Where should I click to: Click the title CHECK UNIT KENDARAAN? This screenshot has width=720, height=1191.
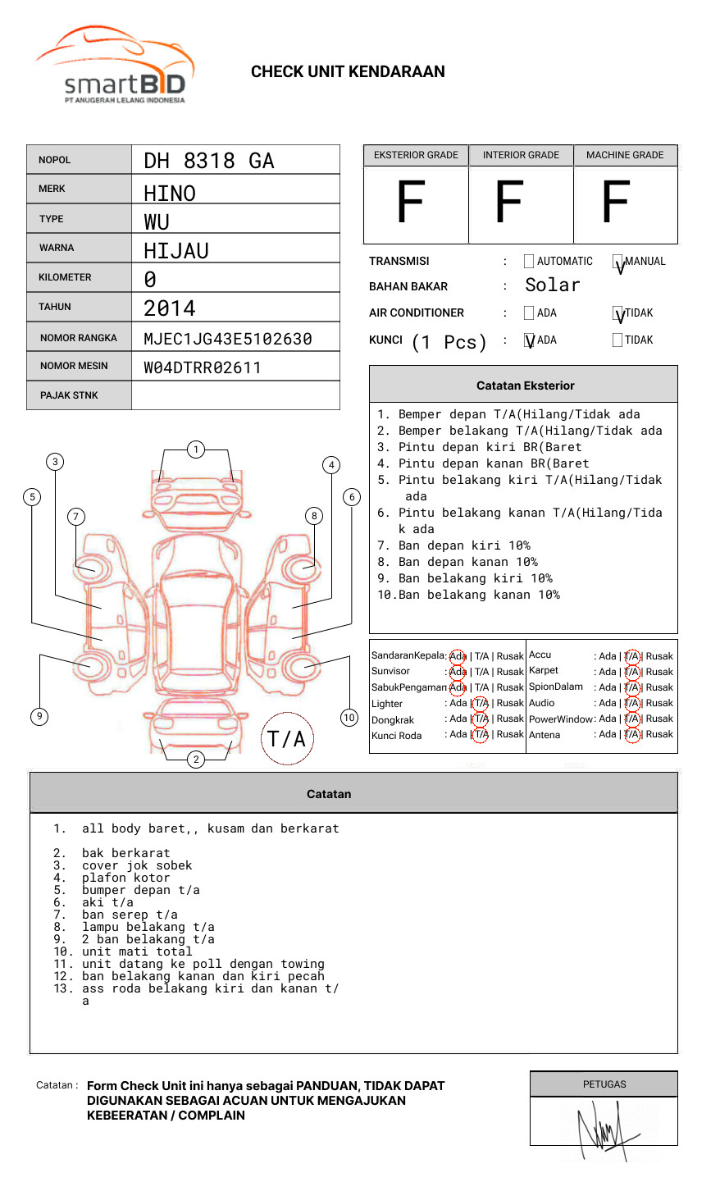coord(348,72)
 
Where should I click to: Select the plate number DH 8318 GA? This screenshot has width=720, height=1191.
coord(209,161)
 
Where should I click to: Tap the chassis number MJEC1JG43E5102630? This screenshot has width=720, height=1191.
coord(228,339)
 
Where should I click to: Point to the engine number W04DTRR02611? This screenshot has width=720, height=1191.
coord(203,367)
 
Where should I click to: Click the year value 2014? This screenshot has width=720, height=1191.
coord(170,308)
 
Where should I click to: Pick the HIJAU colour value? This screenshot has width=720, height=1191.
coord(176,250)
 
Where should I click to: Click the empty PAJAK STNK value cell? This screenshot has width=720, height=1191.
coord(235,395)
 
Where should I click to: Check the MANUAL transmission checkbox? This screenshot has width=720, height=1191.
coord(617,262)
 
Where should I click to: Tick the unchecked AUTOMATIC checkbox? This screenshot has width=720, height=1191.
coord(529,262)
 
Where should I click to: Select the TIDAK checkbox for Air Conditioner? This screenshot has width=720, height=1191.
coord(617,313)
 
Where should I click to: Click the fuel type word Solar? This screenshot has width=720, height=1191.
coord(553,285)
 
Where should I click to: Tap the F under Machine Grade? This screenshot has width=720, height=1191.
coord(617,203)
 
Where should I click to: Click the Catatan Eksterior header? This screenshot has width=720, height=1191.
coord(525,386)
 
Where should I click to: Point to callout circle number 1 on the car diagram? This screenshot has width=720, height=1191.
coord(196,449)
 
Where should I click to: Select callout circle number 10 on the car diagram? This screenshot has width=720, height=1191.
coord(349,718)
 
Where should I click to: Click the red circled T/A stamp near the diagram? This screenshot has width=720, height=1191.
coord(287,739)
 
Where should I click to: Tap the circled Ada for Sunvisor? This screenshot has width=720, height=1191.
coord(458,672)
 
